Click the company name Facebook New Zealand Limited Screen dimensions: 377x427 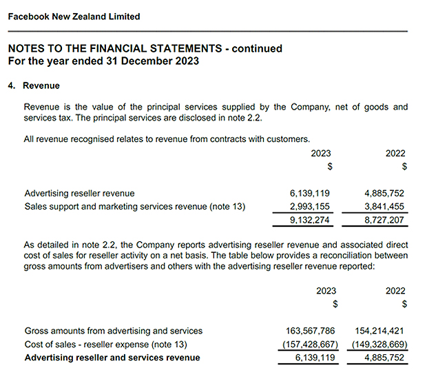tap(74, 17)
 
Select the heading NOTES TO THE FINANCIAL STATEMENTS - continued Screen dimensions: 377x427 tap(145, 49)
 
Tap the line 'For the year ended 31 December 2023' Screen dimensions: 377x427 tap(103, 61)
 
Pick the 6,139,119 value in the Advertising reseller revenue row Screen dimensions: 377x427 tap(311, 193)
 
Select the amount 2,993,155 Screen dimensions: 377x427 tap(311, 206)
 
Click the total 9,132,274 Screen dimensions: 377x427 tap(311, 221)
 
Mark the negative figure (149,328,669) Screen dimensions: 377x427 tap(381, 344)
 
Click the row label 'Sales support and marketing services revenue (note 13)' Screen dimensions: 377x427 tap(135, 206)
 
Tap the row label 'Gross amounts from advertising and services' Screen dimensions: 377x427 tap(114, 331)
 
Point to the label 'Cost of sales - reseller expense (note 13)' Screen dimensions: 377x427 tap(106, 344)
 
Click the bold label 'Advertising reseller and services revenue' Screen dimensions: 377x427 tap(112, 358)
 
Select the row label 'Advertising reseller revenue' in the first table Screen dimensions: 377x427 tap(79, 193)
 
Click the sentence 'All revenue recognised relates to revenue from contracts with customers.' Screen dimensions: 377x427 tap(167, 139)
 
